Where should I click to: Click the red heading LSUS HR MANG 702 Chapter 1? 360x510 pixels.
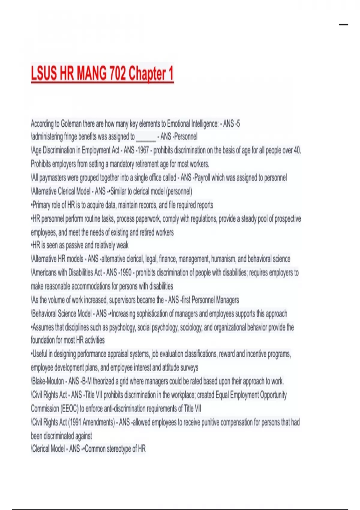point(102,73)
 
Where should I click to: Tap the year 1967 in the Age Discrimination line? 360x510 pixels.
point(143,150)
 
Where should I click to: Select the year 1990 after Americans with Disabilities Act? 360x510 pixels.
point(126,272)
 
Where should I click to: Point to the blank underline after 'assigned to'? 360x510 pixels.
point(146,137)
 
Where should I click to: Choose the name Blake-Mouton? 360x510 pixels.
point(48,381)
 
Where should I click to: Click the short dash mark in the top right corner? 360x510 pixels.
point(343,25)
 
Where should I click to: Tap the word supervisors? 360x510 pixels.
point(125,300)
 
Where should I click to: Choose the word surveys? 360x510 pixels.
point(189,367)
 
